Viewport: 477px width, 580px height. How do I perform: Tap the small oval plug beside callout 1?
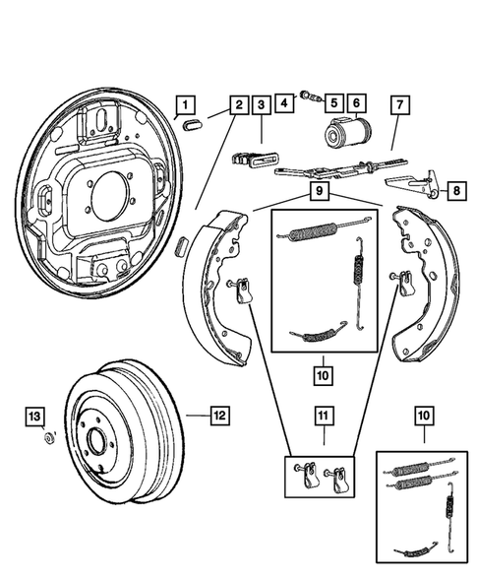192,123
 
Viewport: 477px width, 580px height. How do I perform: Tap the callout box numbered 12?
221,416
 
